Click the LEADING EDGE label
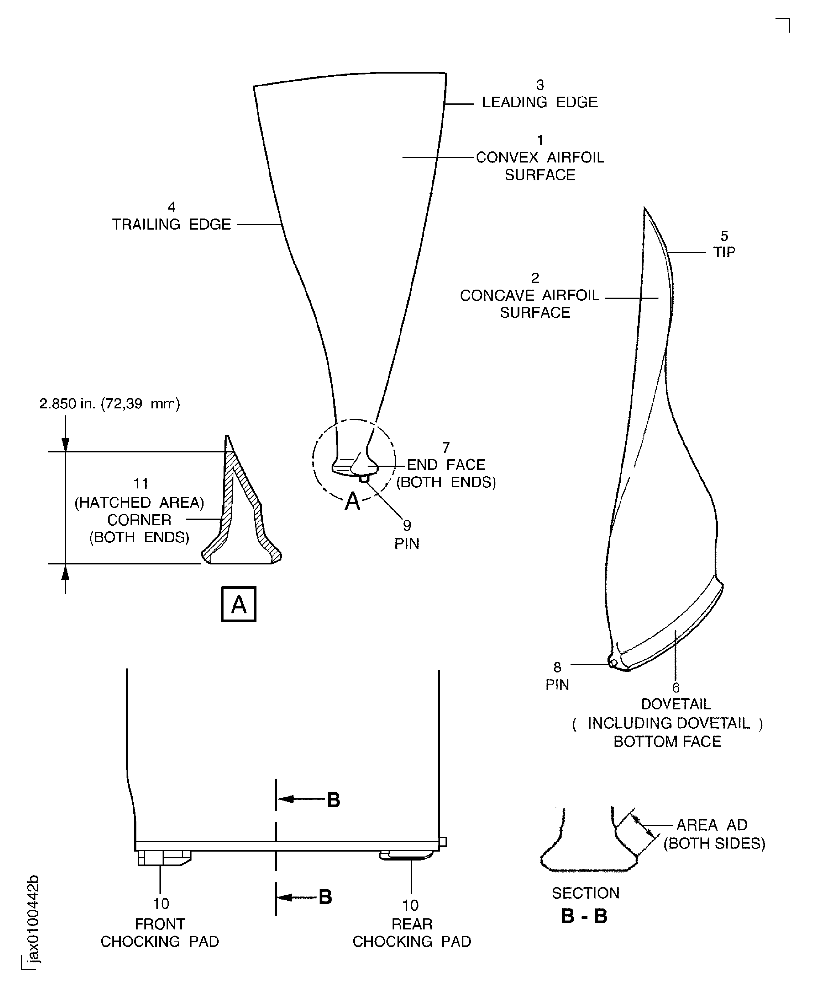click(539, 102)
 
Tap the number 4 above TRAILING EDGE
click(171, 207)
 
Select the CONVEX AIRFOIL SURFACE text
click(539, 166)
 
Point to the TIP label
click(724, 252)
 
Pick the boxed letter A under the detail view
click(239, 604)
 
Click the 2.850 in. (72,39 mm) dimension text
click(109, 404)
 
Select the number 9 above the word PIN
click(406, 525)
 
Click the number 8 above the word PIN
click(557, 667)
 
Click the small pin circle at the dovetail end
click(613, 663)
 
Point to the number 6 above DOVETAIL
click(676, 688)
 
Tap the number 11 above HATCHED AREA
click(141, 483)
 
